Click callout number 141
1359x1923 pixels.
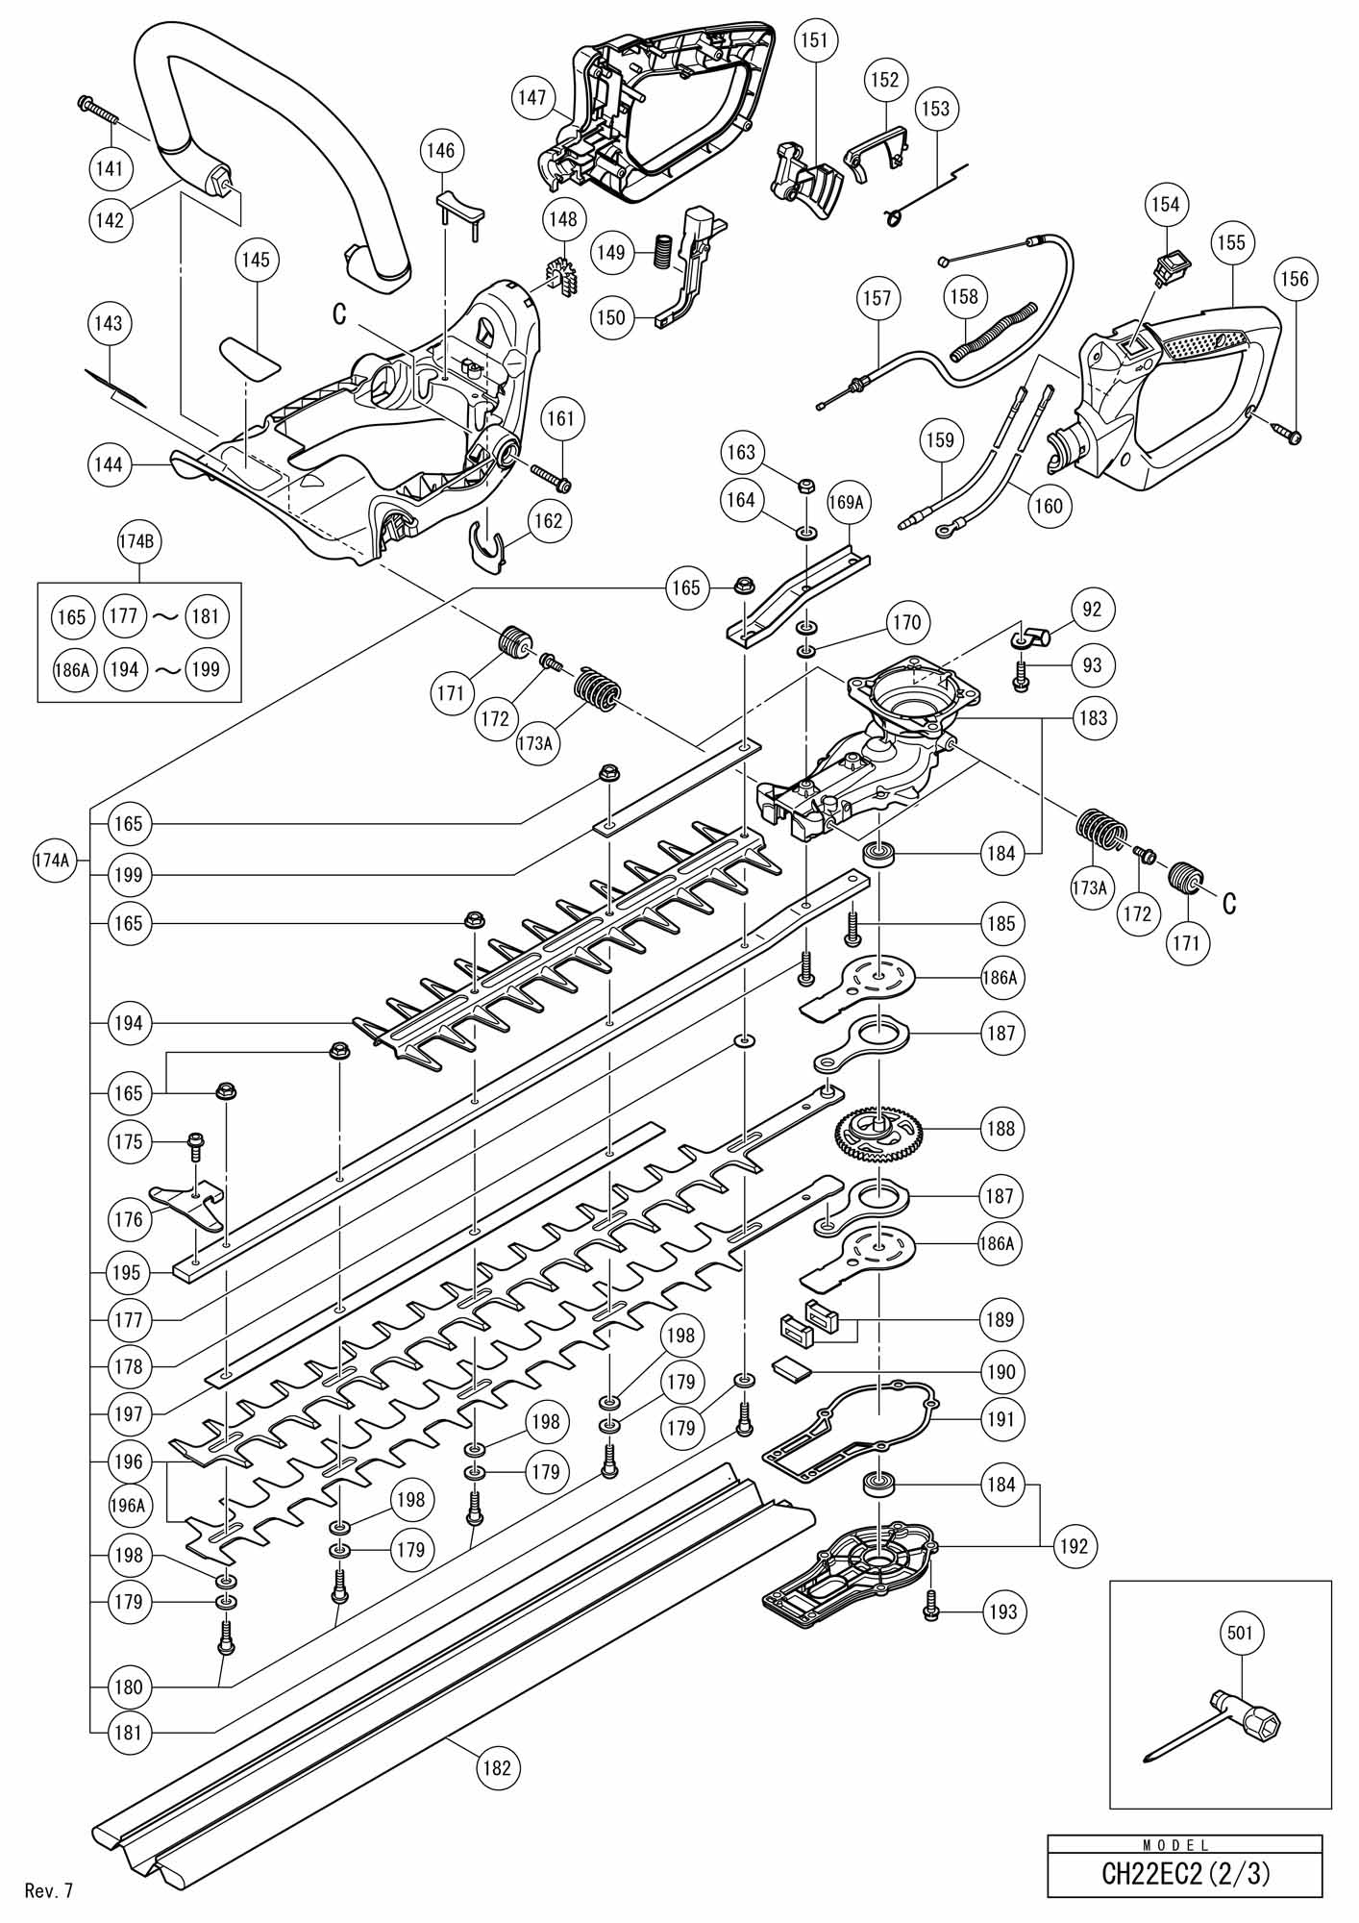[110, 168]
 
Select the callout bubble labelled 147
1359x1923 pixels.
[531, 97]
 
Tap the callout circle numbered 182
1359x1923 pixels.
[497, 1766]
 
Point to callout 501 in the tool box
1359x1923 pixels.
[1240, 1632]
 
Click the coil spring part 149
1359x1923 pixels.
[661, 253]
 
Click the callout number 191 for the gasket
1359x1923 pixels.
[1000, 1418]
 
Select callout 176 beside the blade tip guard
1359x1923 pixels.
[128, 1219]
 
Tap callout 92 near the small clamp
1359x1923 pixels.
[1092, 609]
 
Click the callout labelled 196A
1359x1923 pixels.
[127, 1506]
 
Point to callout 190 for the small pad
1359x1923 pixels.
[1001, 1371]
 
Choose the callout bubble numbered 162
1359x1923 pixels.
[549, 521]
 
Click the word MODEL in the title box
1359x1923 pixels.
[1184, 1844]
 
